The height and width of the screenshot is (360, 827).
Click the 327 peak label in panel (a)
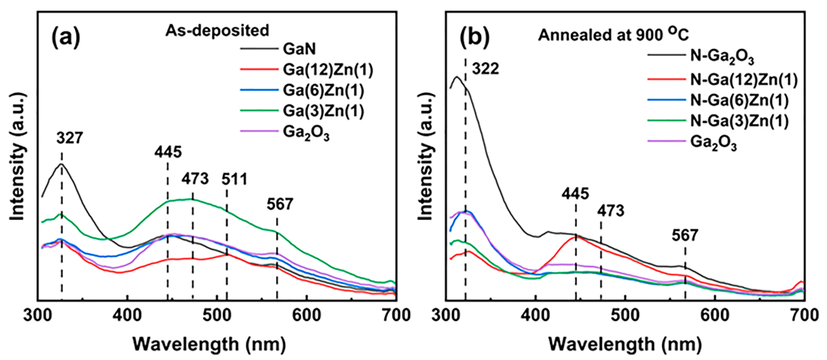70,138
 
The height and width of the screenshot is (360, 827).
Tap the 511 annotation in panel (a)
234,179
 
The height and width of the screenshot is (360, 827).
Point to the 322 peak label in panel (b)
485,69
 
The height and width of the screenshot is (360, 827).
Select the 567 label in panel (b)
685,235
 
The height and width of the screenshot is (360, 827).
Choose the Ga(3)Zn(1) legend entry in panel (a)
323,111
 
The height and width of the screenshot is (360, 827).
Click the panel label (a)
66,38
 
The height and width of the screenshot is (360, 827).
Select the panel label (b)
474,38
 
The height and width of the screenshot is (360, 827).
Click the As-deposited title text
217,30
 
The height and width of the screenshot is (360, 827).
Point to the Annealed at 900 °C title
613,35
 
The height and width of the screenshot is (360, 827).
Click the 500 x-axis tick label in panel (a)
217,316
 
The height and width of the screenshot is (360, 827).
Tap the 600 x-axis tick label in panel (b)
715,316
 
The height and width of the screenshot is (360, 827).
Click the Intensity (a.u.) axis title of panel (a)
18,157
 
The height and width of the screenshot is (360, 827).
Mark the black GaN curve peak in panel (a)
61,164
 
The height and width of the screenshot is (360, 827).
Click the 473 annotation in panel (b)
611,211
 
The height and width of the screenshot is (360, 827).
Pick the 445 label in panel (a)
168,152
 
